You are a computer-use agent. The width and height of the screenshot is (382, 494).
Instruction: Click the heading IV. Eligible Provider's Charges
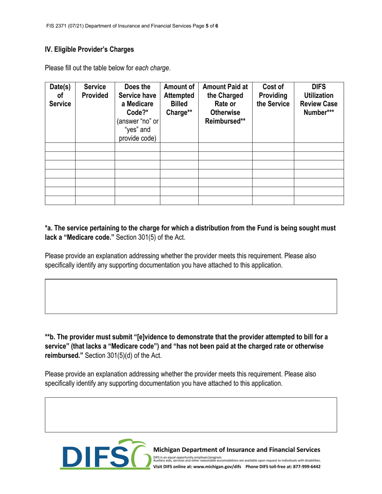pos(89,49)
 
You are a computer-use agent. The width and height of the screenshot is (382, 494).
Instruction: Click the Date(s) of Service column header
pos(60,96)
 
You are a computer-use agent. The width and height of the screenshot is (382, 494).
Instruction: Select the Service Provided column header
pos(95,91)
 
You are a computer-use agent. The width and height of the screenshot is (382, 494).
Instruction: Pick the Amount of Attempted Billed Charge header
pos(179,100)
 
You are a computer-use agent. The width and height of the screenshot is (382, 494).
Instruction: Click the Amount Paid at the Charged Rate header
pos(225,104)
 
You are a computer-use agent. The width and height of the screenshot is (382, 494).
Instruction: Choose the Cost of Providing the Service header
pos(273,96)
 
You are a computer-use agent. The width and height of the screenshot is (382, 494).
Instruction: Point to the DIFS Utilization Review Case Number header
pos(319,100)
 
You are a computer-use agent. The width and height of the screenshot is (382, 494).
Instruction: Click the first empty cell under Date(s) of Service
pos(60,147)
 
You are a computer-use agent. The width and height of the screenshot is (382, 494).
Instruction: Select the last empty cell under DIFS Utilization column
pos(319,200)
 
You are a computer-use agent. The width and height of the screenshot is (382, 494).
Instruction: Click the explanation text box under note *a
pos(191,296)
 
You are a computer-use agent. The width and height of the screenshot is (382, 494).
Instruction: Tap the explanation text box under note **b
pos(191,415)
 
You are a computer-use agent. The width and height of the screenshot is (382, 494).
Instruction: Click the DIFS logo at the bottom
pos(105,455)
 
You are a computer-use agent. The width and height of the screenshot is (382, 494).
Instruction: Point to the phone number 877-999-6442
pos(302,467)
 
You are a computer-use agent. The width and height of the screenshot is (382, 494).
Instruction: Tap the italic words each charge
pos(152,68)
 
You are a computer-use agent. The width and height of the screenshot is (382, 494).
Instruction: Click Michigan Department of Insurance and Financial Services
pos(237,450)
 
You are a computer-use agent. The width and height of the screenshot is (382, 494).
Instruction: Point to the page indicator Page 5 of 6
pos(207,26)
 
